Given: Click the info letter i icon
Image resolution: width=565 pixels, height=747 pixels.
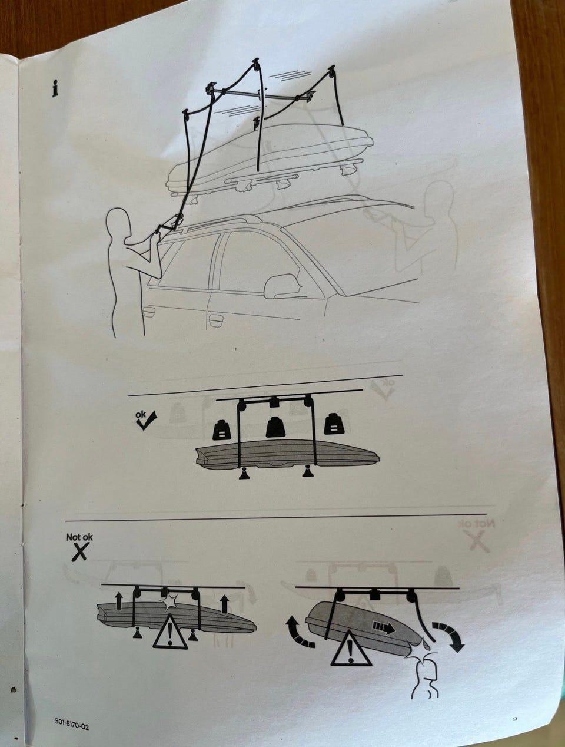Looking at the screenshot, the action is (55, 88).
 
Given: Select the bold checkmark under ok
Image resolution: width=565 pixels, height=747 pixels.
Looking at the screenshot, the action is (146, 421).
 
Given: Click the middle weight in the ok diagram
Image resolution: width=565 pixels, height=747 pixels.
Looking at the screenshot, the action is (276, 427).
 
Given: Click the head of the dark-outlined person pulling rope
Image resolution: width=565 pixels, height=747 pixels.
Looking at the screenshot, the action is (119, 224).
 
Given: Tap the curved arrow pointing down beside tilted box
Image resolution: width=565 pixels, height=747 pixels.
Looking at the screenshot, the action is (448, 636).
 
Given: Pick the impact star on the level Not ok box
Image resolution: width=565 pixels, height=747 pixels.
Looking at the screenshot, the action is (169, 603).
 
